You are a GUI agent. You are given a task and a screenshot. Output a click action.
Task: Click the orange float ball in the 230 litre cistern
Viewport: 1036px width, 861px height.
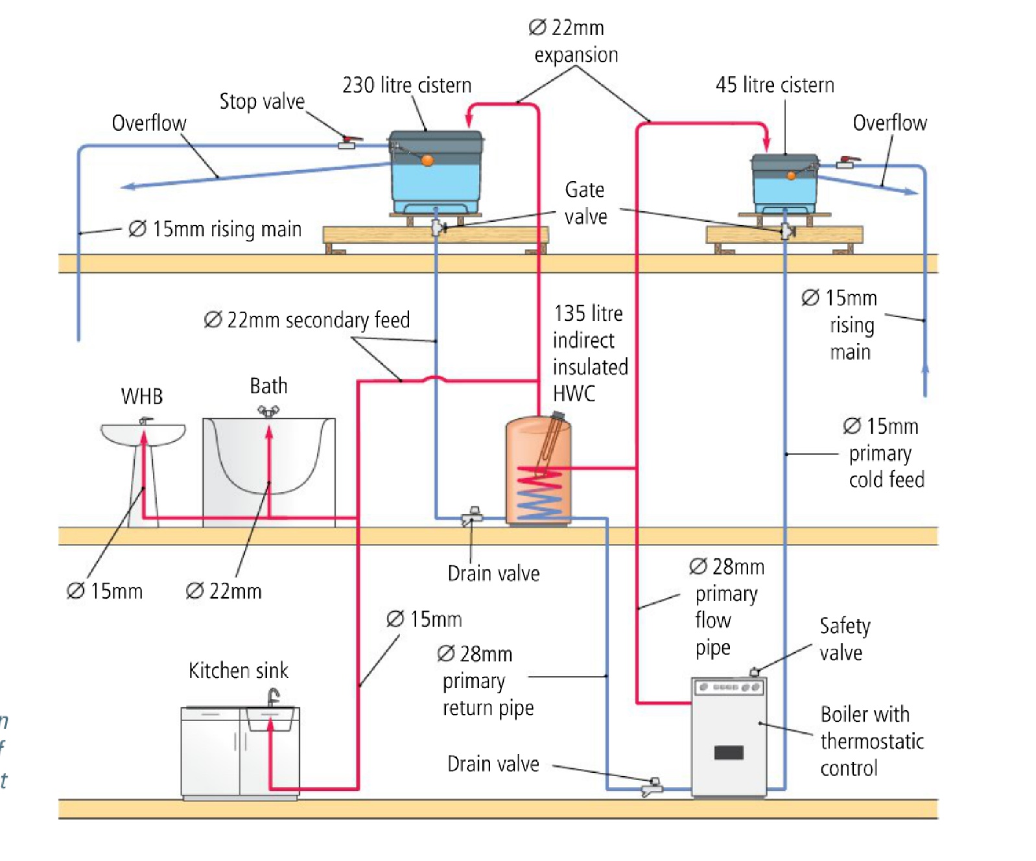tap(427, 160)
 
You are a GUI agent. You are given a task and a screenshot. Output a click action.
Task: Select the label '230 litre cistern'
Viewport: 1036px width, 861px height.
tap(406, 85)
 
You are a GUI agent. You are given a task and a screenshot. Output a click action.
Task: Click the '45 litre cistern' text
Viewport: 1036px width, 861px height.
tap(774, 85)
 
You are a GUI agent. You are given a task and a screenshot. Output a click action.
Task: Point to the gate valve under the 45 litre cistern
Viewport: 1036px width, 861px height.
tap(787, 231)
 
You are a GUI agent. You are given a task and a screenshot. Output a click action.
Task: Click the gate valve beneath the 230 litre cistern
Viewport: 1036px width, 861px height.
tap(438, 227)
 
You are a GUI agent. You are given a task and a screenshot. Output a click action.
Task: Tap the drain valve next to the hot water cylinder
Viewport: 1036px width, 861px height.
tap(472, 517)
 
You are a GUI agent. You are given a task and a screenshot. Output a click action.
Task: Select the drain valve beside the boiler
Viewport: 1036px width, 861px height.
tap(652, 787)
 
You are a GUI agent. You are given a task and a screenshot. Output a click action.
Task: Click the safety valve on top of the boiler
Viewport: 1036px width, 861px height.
tap(754, 672)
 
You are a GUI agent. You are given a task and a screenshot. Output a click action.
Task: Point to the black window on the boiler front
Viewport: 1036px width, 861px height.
tap(729, 753)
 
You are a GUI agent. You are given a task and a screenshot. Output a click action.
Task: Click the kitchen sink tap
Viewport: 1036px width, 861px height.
tap(274, 698)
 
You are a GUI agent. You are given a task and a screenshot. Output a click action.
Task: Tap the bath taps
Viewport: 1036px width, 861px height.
tap(268, 411)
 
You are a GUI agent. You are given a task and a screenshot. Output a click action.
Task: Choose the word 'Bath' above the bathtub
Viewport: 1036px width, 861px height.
tap(268, 386)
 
